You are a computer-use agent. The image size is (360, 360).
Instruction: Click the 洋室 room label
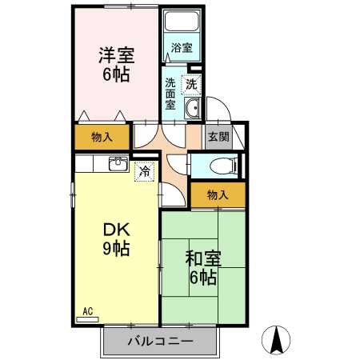(x=117, y=55)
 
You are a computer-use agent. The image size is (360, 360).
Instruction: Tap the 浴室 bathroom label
(x=182, y=48)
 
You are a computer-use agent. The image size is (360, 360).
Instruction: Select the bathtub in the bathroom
(x=182, y=21)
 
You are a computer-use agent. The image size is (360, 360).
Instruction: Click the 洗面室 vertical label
(x=170, y=94)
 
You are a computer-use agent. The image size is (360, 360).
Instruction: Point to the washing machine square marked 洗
(x=191, y=85)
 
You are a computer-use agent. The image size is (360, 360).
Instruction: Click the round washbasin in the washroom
(x=192, y=108)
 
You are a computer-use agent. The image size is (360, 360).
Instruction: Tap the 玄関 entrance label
(x=218, y=137)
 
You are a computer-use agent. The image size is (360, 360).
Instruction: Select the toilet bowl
(x=223, y=166)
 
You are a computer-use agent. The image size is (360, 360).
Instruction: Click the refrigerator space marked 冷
(x=145, y=171)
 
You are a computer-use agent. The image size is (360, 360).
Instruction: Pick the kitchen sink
(x=119, y=164)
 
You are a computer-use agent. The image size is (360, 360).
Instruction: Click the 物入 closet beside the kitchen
(x=102, y=137)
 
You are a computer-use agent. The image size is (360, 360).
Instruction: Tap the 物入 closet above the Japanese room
(x=218, y=195)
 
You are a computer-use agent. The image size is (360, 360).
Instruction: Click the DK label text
(x=117, y=230)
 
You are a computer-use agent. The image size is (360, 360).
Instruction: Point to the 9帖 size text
(x=116, y=249)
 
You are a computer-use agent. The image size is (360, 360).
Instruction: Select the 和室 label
(x=203, y=259)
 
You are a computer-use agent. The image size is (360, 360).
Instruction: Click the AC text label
(x=88, y=311)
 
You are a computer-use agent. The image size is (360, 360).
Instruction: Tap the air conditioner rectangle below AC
(x=87, y=319)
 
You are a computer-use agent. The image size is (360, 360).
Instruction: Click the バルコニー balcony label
(x=160, y=342)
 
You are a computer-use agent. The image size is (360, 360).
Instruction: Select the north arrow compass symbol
(x=276, y=340)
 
